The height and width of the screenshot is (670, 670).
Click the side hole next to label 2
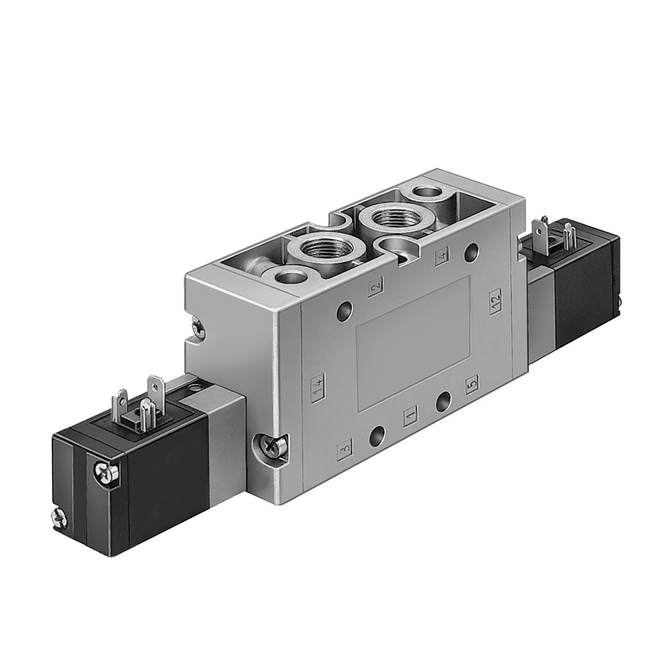point(344,310)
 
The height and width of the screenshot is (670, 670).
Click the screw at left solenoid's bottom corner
point(58,515)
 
